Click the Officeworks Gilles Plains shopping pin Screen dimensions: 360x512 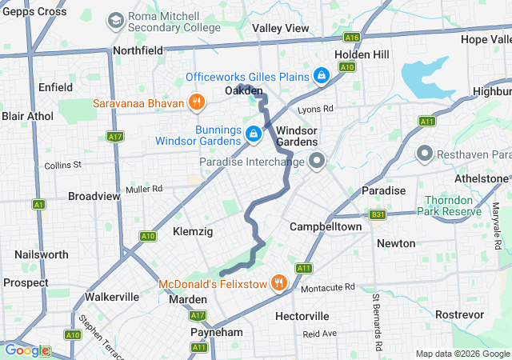321,75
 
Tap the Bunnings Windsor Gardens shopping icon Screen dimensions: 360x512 253,134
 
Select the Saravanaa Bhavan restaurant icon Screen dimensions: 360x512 195,102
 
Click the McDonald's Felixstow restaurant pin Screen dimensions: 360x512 278,282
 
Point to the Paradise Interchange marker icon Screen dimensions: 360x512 316,162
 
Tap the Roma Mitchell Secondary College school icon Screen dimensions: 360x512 116,18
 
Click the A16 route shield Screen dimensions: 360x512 350,38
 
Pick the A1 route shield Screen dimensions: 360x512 38,205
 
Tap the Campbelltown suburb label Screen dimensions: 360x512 326,226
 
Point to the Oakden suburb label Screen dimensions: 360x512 243,92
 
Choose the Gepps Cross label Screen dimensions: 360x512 34,11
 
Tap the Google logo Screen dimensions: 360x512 26,350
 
